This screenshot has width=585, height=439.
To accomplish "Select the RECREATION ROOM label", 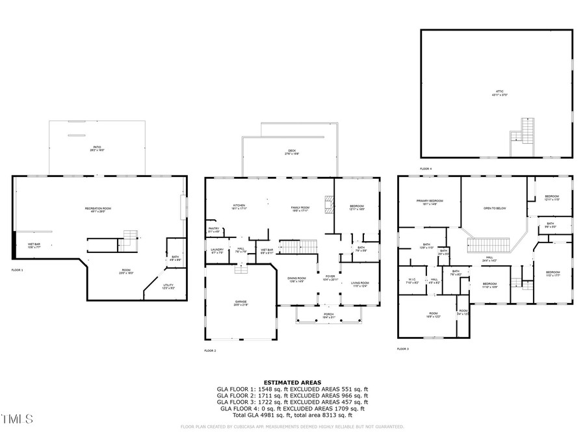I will [98, 209].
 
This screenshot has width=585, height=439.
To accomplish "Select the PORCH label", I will [329, 315].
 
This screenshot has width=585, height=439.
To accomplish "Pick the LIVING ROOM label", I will [359, 284].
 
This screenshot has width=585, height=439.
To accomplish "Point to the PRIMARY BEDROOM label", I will [430, 202].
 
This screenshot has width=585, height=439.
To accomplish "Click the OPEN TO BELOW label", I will [495, 208].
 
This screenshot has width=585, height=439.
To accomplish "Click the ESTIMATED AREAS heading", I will [292, 382].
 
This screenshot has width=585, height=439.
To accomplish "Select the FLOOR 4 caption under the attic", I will [425, 168].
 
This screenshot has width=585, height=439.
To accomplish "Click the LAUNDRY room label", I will [216, 250].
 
